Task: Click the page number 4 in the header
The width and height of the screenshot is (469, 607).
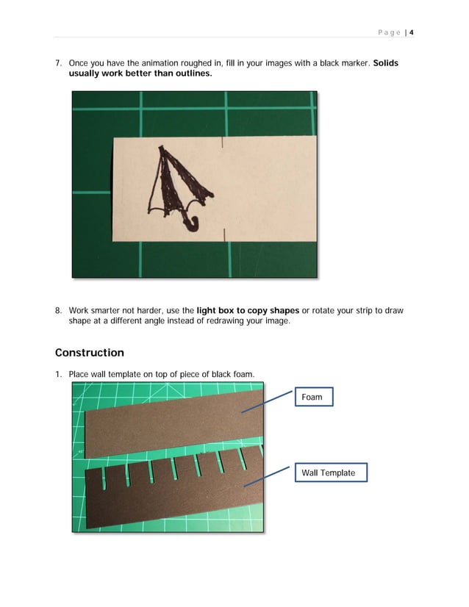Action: [x=412, y=32]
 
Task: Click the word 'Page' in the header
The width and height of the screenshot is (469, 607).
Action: [x=390, y=32]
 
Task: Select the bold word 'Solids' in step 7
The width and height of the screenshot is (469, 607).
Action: [x=385, y=63]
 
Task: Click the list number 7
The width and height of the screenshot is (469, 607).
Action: [x=59, y=63]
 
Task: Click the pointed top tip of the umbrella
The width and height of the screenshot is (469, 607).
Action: [x=162, y=147]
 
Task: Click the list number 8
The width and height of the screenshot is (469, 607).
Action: [x=59, y=310]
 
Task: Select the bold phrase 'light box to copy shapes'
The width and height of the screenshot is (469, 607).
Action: [x=248, y=310]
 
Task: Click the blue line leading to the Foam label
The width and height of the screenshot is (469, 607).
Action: [x=268, y=404]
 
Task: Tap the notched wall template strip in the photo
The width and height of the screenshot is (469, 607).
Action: [x=169, y=500]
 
